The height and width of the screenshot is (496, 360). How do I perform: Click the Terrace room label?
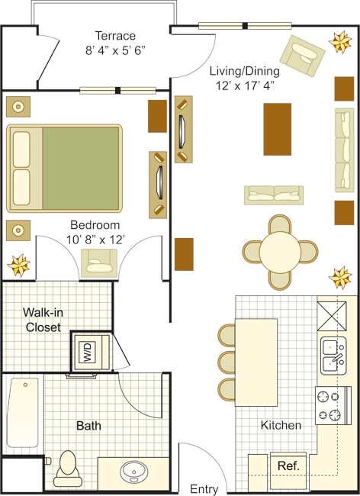point(115,36)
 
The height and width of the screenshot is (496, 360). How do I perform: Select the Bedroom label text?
point(95,225)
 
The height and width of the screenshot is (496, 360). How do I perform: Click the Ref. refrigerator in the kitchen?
point(288,465)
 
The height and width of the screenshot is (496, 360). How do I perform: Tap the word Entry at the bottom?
point(204,489)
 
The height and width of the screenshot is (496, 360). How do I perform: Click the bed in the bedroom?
point(65,168)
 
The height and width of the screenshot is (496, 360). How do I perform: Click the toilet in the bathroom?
point(68,466)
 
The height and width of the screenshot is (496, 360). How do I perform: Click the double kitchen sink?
point(332,354)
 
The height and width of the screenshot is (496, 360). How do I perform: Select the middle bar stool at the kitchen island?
point(228,360)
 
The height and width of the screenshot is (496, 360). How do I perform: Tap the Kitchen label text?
point(281,425)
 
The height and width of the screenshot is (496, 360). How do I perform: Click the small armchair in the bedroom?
point(99,263)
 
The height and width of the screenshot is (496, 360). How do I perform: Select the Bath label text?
point(88,426)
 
